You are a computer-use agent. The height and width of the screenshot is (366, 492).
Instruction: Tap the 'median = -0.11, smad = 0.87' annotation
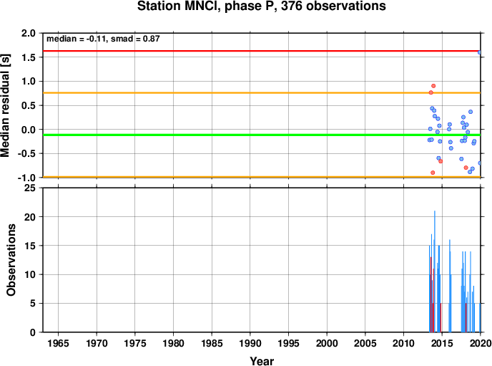pyautogui.click(x=103, y=39)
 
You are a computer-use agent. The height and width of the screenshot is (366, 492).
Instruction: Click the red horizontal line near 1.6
pyautogui.click(x=262, y=51)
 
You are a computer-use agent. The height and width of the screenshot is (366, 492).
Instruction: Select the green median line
pyautogui.click(x=262, y=135)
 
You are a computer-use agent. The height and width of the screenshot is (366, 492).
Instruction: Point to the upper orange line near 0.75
pyautogui.click(x=262, y=92)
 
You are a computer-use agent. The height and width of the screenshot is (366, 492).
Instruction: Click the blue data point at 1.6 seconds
pyautogui.click(x=479, y=52)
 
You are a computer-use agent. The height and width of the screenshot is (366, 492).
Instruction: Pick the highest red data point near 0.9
pyautogui.click(x=433, y=86)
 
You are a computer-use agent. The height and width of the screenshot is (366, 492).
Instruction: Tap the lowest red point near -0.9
pyautogui.click(x=433, y=173)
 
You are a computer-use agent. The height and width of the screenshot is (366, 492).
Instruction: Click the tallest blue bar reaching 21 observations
pyautogui.click(x=435, y=271)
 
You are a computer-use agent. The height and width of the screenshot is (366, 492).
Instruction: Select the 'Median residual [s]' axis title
pyautogui.click(x=6, y=105)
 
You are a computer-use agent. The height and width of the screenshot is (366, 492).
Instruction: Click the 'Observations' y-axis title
pyautogui.click(x=11, y=260)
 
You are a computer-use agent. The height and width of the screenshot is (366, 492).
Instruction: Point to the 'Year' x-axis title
pyautogui.click(x=262, y=361)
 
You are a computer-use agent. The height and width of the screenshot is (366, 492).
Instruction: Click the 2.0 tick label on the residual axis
pyautogui.click(x=29, y=33)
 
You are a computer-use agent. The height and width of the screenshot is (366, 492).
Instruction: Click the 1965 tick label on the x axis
pyautogui.click(x=58, y=343)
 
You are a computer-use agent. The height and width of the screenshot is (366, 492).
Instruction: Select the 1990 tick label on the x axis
pyautogui.click(x=250, y=343)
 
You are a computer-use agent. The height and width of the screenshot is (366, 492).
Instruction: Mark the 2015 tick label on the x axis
pyautogui.click(x=442, y=343)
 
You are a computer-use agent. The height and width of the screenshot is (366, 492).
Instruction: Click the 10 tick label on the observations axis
pyautogui.click(x=31, y=274)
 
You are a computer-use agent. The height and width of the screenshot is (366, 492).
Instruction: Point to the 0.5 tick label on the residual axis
pyautogui.click(x=29, y=105)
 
